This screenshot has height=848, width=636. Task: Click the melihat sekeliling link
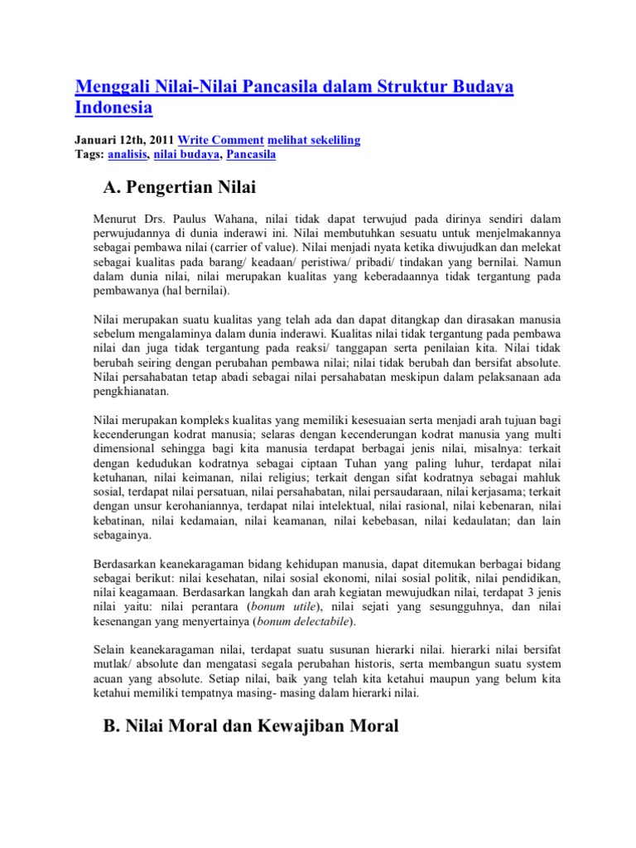[x=314, y=140]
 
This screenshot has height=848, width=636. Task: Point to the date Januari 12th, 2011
[x=123, y=140]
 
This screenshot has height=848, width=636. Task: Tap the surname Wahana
[x=241, y=219]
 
